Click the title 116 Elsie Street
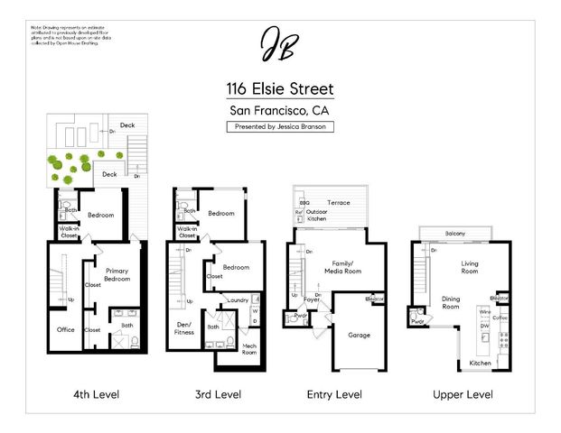[280, 89]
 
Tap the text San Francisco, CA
[280, 111]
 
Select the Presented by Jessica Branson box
[280, 127]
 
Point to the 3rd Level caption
[218, 395]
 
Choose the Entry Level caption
[334, 395]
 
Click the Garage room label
[360, 335]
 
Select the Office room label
[65, 329]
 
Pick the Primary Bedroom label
[117, 275]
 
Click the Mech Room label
[249, 349]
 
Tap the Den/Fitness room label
[184, 328]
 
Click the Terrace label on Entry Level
[339, 203]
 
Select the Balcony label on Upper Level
[454, 235]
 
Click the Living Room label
[470, 267]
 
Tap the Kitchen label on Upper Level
[481, 364]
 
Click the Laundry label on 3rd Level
[238, 299]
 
